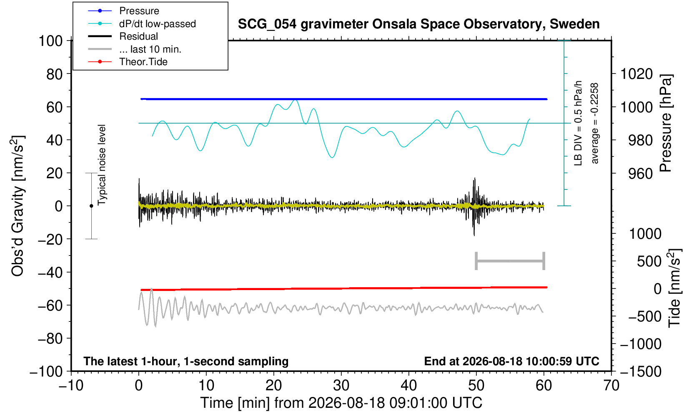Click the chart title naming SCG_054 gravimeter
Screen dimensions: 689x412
[x=418, y=24]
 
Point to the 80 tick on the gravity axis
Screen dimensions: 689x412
[x=55, y=74]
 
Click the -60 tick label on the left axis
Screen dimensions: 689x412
[x=50, y=306]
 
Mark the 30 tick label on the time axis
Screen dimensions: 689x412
[x=341, y=386]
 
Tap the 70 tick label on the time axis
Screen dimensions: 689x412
[x=611, y=386]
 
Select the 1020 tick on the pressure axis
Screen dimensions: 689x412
[x=636, y=74]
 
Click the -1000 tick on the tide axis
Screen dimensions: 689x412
[x=641, y=344]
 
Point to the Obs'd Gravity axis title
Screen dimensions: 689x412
[x=18, y=206]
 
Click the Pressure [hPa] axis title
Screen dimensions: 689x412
[x=666, y=123]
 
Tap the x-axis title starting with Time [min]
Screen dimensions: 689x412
[x=341, y=403]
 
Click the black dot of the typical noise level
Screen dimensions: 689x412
[x=91, y=206]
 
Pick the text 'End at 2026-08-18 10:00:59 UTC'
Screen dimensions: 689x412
[x=511, y=361]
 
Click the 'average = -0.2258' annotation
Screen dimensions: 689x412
[x=594, y=123]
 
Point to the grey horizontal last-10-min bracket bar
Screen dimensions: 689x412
[x=510, y=261]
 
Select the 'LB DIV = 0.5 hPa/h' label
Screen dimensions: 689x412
[x=578, y=123]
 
